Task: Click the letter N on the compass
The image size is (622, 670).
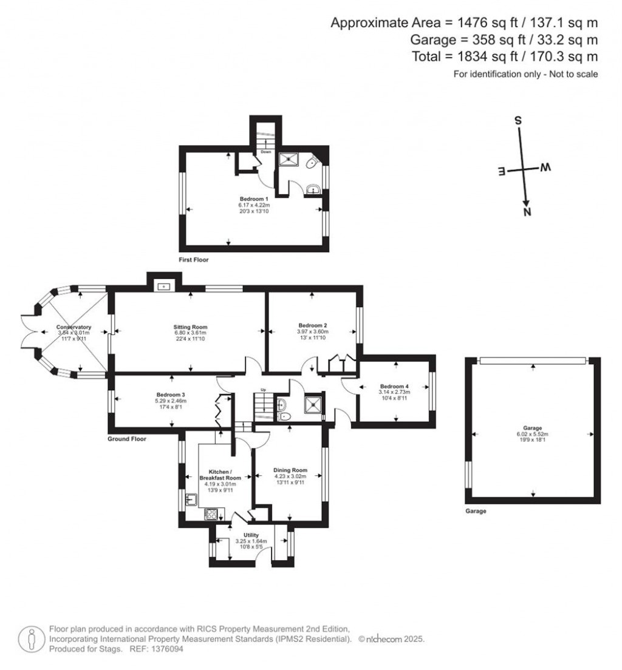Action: click(527, 212)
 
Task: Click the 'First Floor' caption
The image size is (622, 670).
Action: click(193, 260)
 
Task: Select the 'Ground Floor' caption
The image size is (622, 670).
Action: click(126, 439)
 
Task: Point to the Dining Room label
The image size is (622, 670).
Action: click(290, 470)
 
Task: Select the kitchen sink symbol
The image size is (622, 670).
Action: click(191, 499)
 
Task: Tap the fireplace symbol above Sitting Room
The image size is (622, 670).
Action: click(164, 285)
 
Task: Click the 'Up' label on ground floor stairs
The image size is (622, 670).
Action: click(263, 390)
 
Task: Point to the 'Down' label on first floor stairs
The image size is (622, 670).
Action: click(266, 152)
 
